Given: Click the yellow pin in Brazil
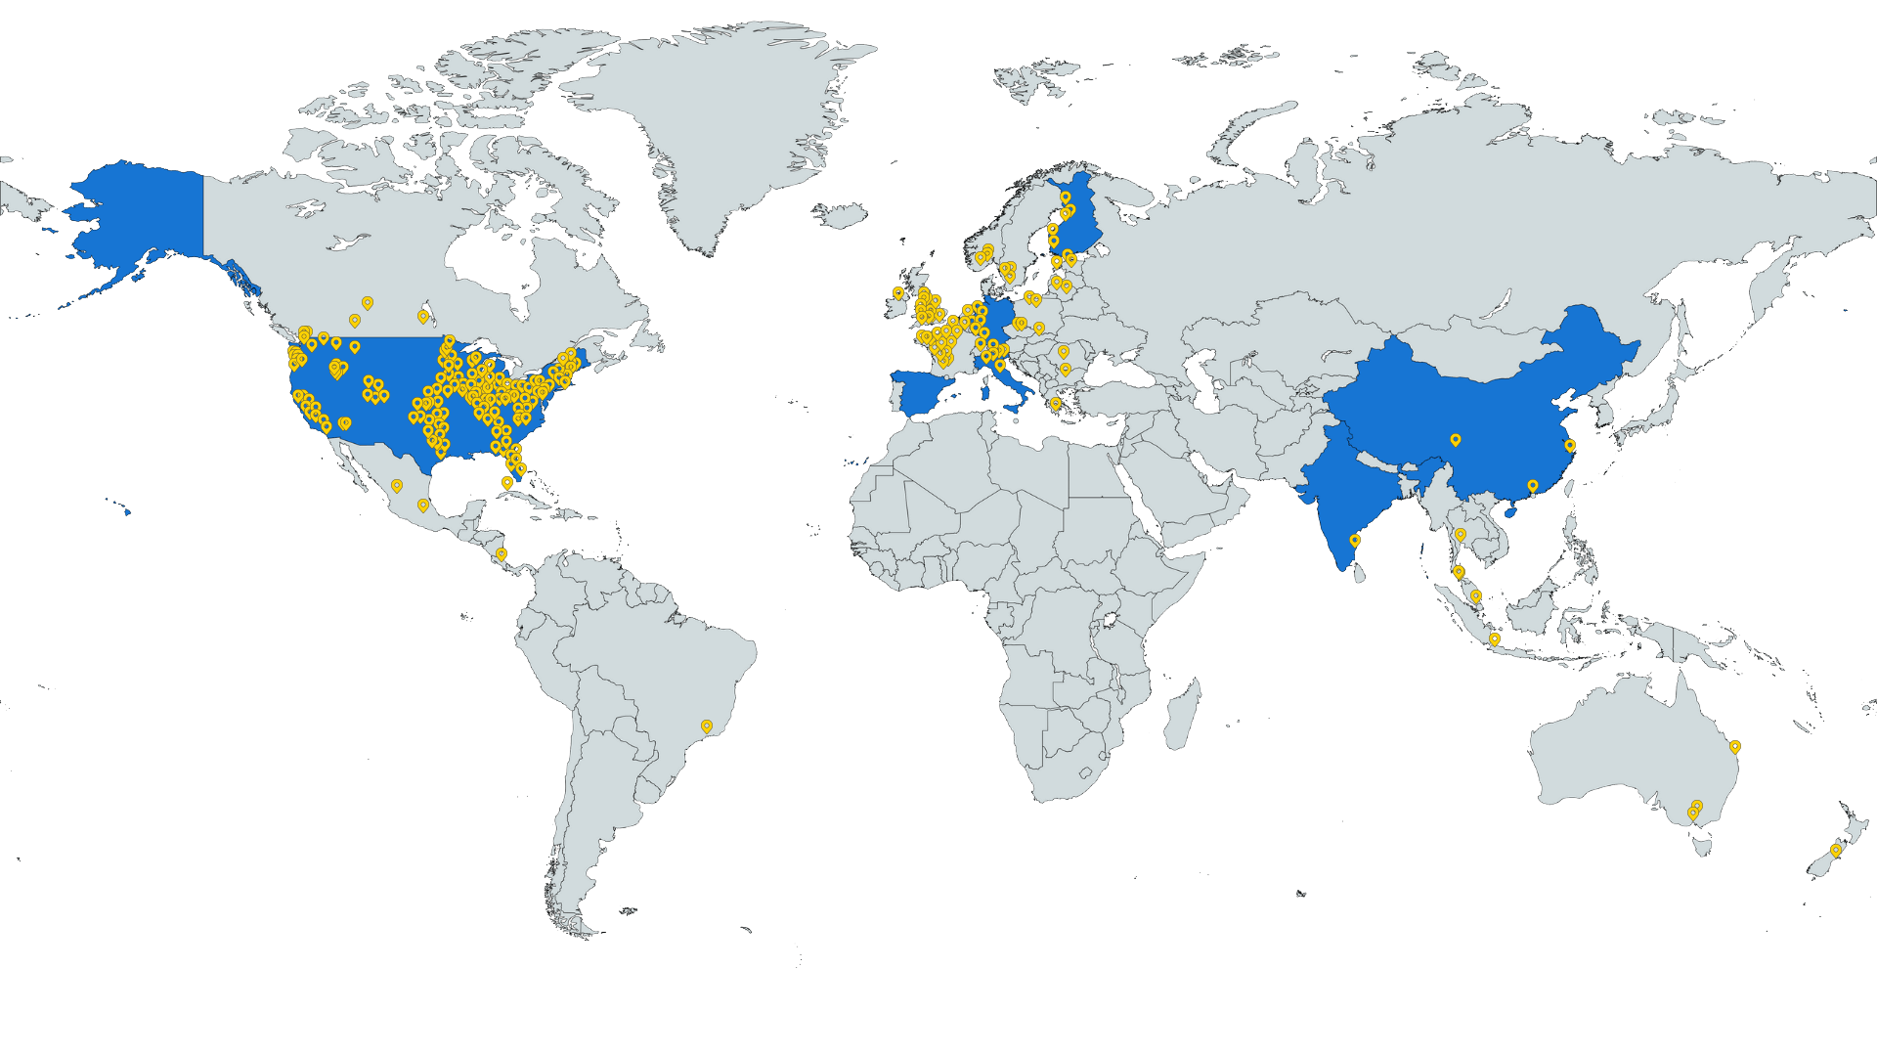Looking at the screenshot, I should pyautogui.click(x=707, y=726).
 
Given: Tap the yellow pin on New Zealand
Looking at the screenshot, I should pyautogui.click(x=1836, y=851).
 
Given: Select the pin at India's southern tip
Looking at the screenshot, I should pyautogui.click(x=1355, y=540).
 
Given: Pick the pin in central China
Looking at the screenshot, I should pyautogui.click(x=1455, y=440).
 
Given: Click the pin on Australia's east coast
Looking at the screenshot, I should pyautogui.click(x=1735, y=746).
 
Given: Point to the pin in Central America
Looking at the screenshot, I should pyautogui.click(x=502, y=553).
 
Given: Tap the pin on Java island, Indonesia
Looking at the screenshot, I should pyautogui.click(x=1495, y=638).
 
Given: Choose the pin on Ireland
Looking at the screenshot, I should pyautogui.click(x=897, y=292).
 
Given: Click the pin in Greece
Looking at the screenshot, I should pyautogui.click(x=1055, y=403).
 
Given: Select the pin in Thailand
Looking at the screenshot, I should pyautogui.click(x=1461, y=534).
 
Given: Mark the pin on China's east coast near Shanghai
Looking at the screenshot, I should pyautogui.click(x=1570, y=445).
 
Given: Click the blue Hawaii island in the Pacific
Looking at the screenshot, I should pyautogui.click(x=126, y=509).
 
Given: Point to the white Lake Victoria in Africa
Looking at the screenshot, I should pyautogui.click(x=1111, y=621).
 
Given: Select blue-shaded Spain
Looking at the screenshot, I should pyautogui.click(x=930, y=391).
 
